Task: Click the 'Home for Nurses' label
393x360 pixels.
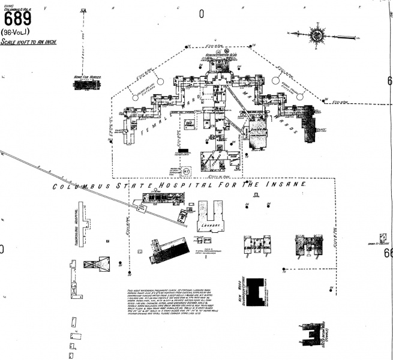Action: pos(85,77)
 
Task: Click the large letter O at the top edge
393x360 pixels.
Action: pos(202,13)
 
